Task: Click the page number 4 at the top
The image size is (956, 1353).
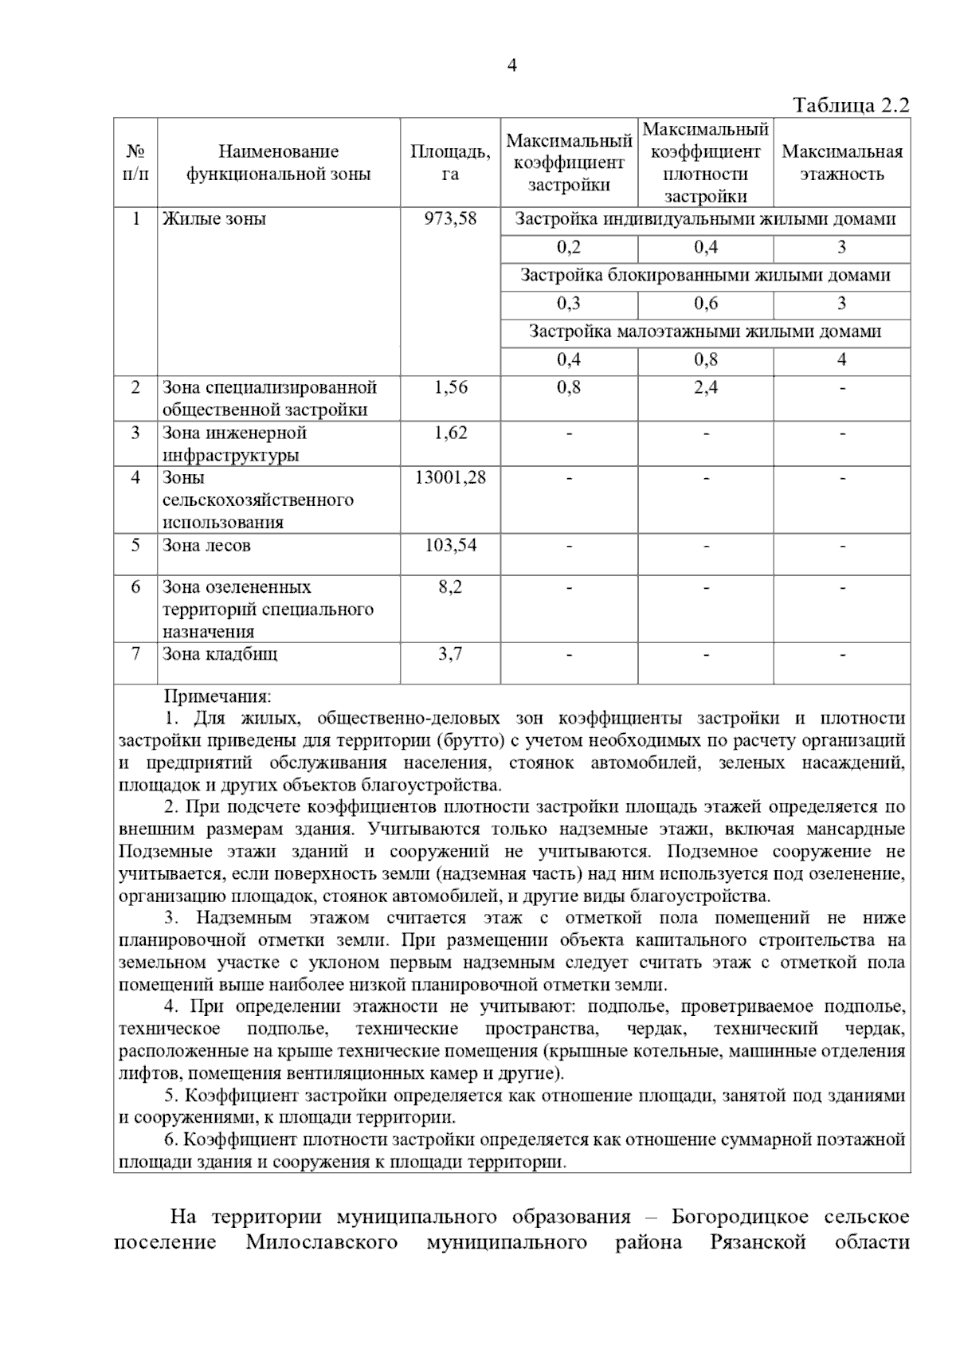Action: pos(511,66)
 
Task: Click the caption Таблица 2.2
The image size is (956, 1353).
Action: pos(850,105)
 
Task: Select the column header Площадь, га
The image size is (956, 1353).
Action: pos(450,163)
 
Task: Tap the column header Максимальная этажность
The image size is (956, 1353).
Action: pos(842,163)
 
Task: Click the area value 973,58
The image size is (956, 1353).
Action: pos(450,218)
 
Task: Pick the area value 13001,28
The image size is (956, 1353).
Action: pos(450,477)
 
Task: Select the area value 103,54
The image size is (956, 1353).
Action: pos(450,545)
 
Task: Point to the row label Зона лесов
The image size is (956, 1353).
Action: pos(206,545)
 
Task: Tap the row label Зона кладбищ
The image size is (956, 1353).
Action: pos(220,654)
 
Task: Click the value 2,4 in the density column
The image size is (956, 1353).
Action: pos(705,387)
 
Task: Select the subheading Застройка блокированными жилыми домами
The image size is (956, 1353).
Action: pos(705,275)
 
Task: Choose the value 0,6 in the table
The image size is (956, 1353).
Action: pos(705,303)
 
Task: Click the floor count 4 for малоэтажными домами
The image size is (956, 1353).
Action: pos(842,359)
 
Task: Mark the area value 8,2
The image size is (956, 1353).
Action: pos(450,587)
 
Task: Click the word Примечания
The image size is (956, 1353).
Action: pos(217,696)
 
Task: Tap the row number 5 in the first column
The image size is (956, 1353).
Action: pos(135,545)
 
